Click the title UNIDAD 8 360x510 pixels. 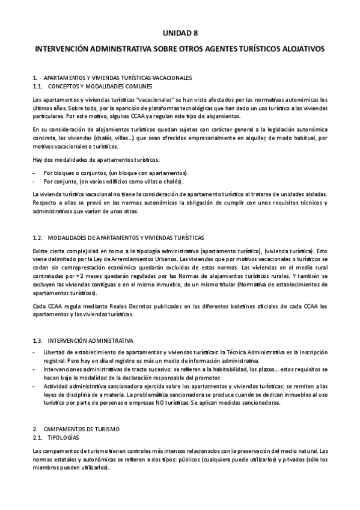(180, 35)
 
